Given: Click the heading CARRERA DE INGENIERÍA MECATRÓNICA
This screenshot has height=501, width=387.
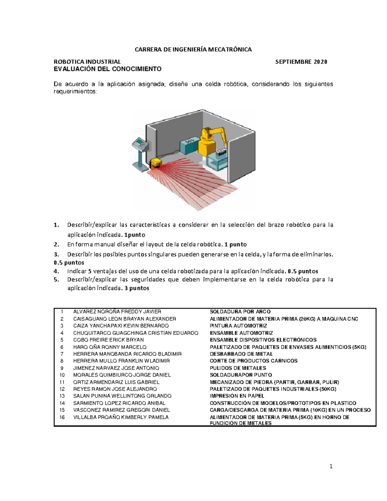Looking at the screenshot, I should [x=193, y=49].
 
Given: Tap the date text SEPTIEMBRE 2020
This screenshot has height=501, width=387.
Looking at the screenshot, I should [x=301, y=62].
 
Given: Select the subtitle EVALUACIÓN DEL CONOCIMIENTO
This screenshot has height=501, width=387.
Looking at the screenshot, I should [x=107, y=69].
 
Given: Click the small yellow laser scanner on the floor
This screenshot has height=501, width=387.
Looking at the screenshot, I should [x=156, y=163].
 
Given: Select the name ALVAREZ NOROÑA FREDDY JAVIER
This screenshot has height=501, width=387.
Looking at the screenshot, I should [x=117, y=312].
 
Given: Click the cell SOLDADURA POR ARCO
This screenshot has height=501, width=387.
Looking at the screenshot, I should [x=240, y=312].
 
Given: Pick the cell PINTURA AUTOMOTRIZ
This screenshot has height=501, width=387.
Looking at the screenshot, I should [x=238, y=326].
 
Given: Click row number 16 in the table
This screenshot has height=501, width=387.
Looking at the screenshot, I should [x=62, y=417].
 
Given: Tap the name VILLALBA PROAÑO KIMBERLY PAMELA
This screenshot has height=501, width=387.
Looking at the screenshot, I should [x=121, y=417].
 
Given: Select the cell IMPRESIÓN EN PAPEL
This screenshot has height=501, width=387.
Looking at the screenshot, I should [x=237, y=396].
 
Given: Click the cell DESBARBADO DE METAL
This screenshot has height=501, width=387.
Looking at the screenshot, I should [x=241, y=354].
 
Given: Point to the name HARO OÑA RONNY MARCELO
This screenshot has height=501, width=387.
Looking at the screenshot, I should [x=110, y=347].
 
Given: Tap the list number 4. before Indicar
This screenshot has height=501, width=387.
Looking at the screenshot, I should [x=56, y=271].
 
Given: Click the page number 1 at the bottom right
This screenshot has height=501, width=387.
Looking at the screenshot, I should [x=331, y=466].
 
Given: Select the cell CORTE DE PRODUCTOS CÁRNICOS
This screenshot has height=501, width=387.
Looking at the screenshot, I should [x=253, y=361].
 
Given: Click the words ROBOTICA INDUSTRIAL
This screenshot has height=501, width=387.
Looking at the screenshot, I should [x=87, y=62].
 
